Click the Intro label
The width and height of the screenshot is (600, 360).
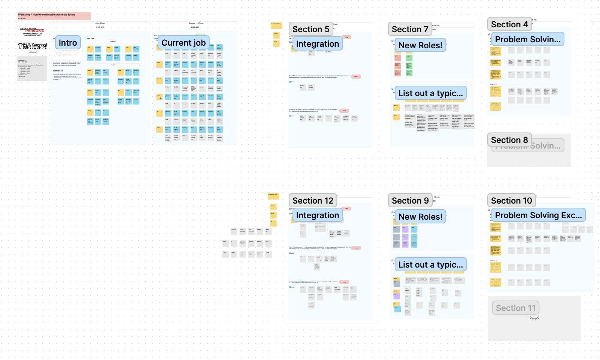click(68, 43)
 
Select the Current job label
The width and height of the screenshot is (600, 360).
click(183, 43)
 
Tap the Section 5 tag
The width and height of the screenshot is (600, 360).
click(310, 29)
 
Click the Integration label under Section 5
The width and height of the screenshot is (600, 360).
click(317, 44)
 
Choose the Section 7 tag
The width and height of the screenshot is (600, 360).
click(410, 29)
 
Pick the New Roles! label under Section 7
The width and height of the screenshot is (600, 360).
click(420, 46)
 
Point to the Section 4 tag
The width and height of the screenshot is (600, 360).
click(509, 24)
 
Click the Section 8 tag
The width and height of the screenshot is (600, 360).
click(509, 140)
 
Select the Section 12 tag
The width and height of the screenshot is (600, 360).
click(312, 201)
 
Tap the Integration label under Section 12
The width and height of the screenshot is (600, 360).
click(317, 216)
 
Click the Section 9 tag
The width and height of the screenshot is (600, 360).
click(410, 201)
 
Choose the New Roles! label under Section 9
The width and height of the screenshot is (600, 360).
click(420, 217)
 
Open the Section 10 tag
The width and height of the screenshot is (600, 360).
click(511, 201)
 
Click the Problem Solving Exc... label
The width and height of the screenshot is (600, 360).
click(538, 215)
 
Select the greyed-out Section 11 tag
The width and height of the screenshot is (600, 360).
click(515, 308)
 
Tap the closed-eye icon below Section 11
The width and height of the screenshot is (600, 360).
click(534, 318)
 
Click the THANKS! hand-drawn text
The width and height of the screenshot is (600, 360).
click(33, 46)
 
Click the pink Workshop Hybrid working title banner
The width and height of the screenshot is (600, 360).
click(54, 16)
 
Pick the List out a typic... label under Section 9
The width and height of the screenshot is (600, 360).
click(430, 265)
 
